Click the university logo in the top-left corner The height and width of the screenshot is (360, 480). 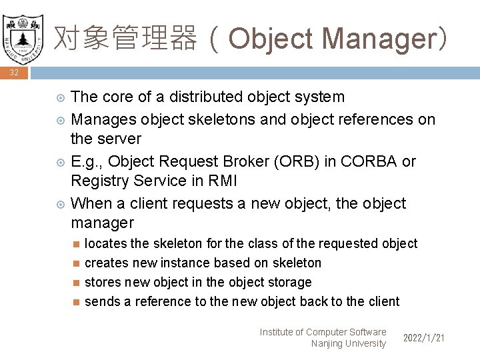pyautogui.click(x=23, y=36)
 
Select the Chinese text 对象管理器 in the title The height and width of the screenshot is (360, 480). pyautogui.click(x=125, y=39)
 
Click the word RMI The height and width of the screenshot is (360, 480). pyautogui.click(x=224, y=181)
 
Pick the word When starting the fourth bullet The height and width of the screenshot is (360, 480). pyautogui.click(x=91, y=203)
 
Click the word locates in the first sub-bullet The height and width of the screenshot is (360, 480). pyautogui.click(x=105, y=244)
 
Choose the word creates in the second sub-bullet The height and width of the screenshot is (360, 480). pyautogui.click(x=106, y=263)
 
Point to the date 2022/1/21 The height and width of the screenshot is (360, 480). pyautogui.click(x=424, y=339)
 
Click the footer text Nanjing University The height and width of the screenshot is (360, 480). pyautogui.click(x=348, y=344)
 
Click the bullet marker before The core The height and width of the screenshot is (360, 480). pyautogui.click(x=59, y=98)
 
